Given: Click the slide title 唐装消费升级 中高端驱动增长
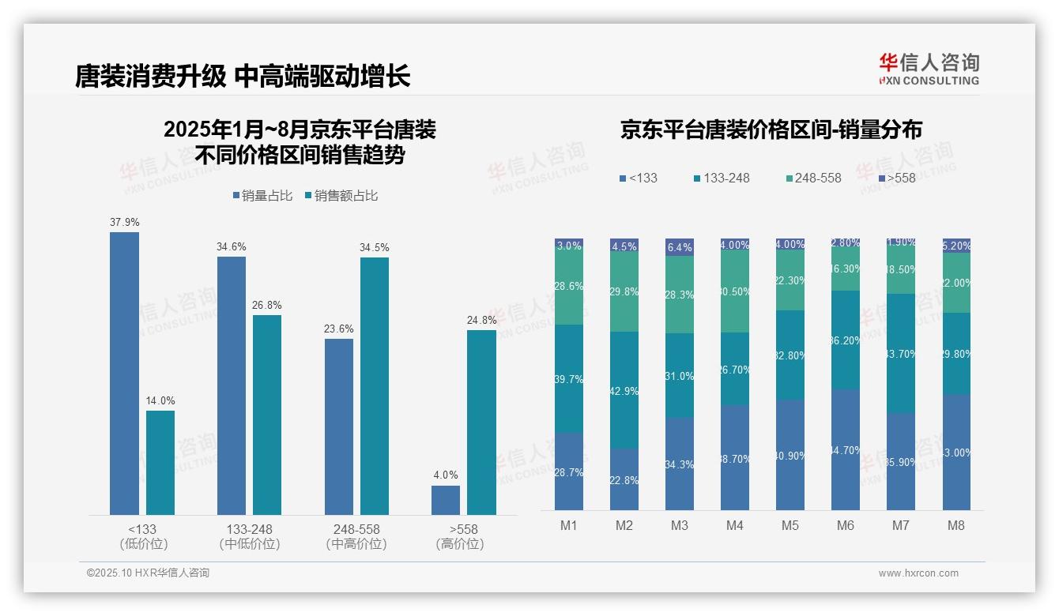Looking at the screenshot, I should tap(243, 77).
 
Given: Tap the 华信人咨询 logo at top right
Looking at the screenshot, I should tap(929, 69).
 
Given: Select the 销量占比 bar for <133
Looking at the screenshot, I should tap(124, 373).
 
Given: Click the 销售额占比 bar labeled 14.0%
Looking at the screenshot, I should tap(160, 462).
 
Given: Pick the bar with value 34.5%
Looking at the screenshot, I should tap(375, 385).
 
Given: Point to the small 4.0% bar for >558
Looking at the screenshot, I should tap(446, 500).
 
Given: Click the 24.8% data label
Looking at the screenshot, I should tap(482, 320).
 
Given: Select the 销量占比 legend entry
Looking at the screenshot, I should tap(266, 196).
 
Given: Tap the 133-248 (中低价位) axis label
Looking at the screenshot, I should tap(249, 536).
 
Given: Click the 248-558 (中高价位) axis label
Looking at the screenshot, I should tap(356, 536).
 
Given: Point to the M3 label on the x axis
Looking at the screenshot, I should tap(680, 525).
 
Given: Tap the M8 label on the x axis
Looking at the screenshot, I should tap(956, 525).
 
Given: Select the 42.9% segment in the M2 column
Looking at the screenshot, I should tap(624, 390).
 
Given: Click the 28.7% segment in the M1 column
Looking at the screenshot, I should tap(569, 471).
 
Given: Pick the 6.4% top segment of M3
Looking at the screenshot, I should tap(680, 247).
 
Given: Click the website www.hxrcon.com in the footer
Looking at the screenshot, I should tap(918, 573).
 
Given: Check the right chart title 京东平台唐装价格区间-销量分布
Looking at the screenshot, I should tap(771, 130).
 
